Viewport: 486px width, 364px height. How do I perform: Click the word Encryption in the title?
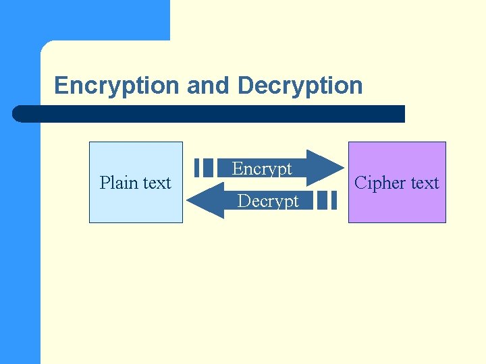click(117, 86)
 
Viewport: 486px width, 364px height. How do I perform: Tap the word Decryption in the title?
click(300, 86)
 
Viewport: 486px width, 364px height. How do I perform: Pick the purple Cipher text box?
click(397, 206)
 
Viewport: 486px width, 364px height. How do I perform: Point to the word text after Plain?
click(156, 183)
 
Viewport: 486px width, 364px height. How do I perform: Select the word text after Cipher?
click(424, 183)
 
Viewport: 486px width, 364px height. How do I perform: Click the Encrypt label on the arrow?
click(262, 169)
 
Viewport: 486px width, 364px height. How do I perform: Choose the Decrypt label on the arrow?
click(268, 201)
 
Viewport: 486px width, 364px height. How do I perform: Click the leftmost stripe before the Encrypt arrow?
click(197, 167)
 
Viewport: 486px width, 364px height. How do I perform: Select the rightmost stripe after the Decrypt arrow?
click(333, 200)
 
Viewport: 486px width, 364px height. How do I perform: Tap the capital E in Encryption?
click(61, 86)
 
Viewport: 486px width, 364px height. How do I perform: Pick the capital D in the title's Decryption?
click(245, 86)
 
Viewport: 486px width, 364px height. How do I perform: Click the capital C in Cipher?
click(360, 183)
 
